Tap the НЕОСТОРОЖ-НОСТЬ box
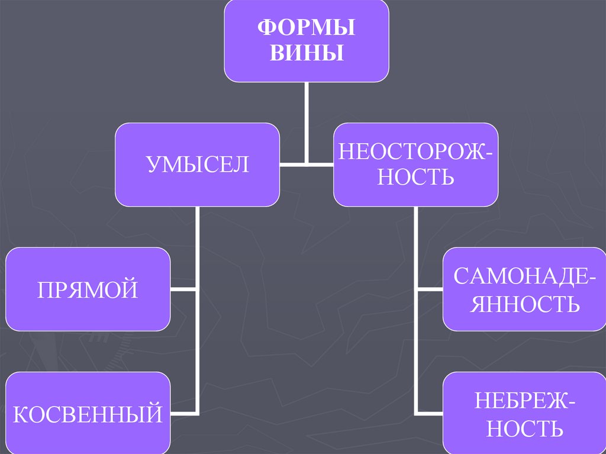(x=415, y=165)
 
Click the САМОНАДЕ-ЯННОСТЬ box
(x=524, y=289)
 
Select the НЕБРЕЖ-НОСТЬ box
(x=524, y=413)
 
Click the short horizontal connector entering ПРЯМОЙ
(x=184, y=289)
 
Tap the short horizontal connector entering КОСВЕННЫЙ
(x=184, y=413)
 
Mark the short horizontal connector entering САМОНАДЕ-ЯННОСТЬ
(x=430, y=289)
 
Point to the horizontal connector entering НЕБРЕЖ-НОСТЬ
(x=430, y=413)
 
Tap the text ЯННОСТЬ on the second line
(x=524, y=304)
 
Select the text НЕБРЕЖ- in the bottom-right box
(x=524, y=401)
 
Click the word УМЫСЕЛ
(x=197, y=164)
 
